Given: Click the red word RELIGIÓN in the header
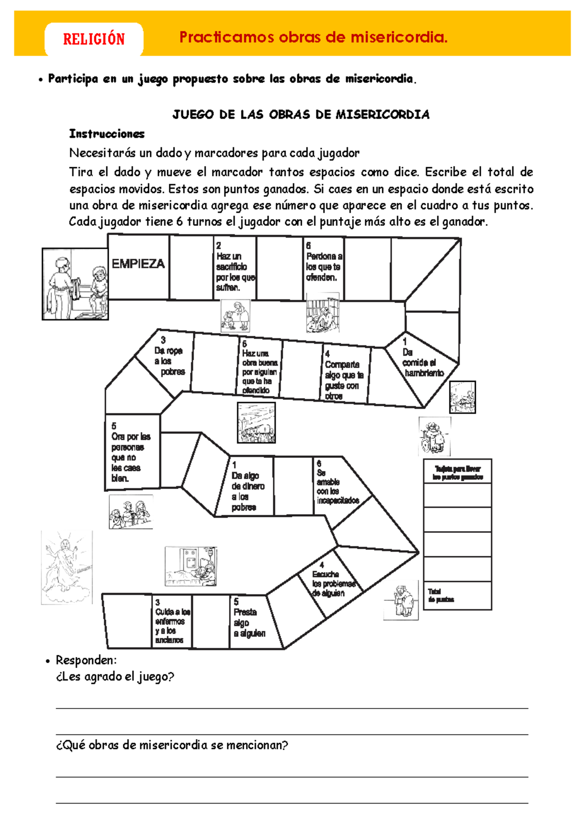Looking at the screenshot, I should [x=94, y=39].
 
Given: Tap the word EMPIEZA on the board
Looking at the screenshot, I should [x=138, y=264].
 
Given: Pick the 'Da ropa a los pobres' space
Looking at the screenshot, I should [x=169, y=362].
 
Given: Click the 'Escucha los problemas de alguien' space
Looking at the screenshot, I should [x=333, y=583].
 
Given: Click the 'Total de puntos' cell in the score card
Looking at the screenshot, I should [x=457, y=595].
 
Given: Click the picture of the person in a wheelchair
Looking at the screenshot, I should [x=434, y=436].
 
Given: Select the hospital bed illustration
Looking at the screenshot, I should [x=191, y=566].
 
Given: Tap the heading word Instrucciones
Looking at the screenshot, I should [x=107, y=134].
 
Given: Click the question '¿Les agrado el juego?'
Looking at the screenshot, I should [x=115, y=677].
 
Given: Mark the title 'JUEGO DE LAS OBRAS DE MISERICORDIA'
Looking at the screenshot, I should [x=301, y=115].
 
